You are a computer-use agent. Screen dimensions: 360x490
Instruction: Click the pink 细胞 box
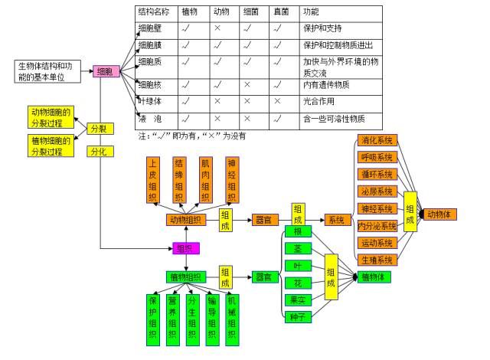pyautogui.click(x=106, y=72)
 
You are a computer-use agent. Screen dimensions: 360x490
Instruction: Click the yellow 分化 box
pyautogui.click(x=99, y=152)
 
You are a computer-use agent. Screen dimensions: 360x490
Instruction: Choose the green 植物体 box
pyautogui.click(x=376, y=277)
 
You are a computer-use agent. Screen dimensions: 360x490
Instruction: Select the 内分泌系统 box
pyautogui.click(x=377, y=226)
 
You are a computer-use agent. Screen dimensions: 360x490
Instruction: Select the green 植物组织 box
pyautogui.click(x=185, y=277)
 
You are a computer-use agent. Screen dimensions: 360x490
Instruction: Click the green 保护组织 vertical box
pyautogui.click(x=153, y=318)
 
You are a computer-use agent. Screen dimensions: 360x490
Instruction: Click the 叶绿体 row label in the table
pyautogui.click(x=150, y=101)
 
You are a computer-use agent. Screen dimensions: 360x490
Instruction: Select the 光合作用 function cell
pyautogui.click(x=321, y=101)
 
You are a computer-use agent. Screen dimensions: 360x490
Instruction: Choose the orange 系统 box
pyautogui.click(x=335, y=220)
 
